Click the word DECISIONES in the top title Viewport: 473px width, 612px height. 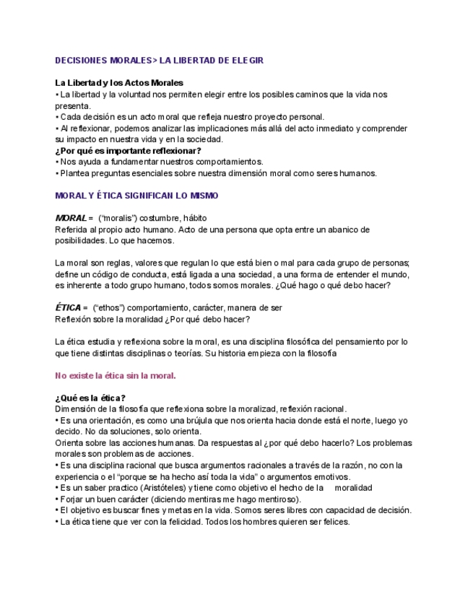pyautogui.click(x=82, y=61)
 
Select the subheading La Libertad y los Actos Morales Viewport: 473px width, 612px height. pyautogui.click(x=119, y=83)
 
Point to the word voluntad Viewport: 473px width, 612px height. pyautogui.click(x=126, y=95)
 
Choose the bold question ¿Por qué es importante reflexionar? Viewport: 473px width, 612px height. pyautogui.click(x=128, y=151)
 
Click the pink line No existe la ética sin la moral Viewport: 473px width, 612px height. pyautogui.click(x=116, y=375)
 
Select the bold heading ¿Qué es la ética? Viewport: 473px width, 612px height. pyautogui.click(x=90, y=398)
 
